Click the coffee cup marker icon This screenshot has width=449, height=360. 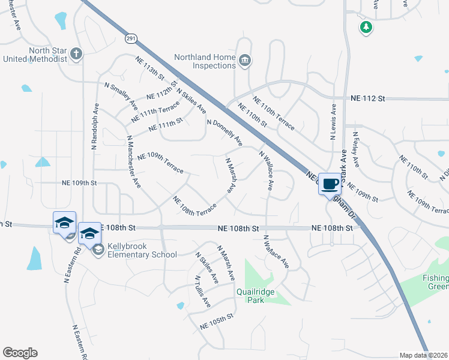coord(330,184)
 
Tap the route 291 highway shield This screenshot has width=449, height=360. coord(131,38)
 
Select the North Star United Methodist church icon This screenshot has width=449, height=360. coord(76,54)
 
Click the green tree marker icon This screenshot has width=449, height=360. coord(366,27)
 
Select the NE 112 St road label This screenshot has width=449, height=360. coord(367,97)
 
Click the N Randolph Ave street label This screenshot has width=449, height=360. coord(94,125)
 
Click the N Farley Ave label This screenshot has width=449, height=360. coord(357,149)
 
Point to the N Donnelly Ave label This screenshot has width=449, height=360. coord(224,133)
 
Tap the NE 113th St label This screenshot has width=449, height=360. coord(150,72)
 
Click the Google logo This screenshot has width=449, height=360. coord(20,353)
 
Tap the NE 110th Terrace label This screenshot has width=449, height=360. coord(274,113)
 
